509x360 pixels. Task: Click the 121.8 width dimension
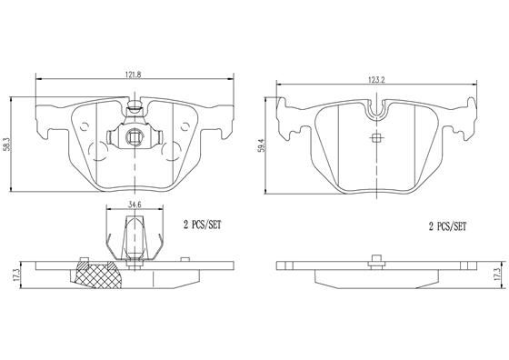tap(134, 77)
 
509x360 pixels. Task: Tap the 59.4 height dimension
tap(263, 145)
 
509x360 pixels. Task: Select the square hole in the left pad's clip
tap(134, 139)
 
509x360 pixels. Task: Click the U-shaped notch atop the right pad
tap(378, 111)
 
